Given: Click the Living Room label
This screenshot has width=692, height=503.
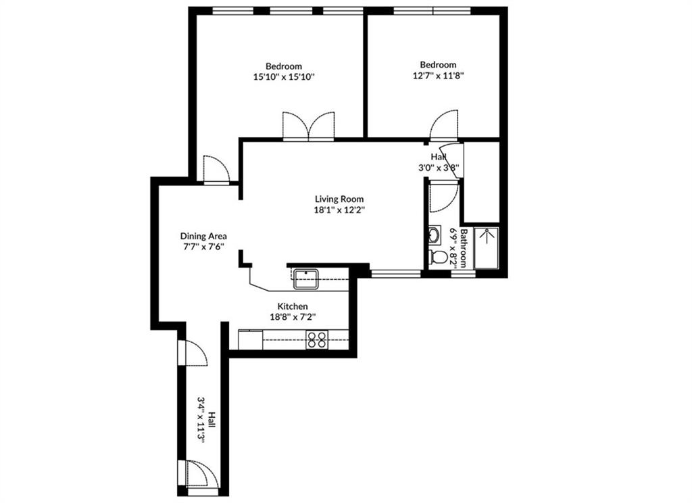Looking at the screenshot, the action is coord(339,199).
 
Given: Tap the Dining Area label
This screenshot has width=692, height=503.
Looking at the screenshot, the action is coord(203,236).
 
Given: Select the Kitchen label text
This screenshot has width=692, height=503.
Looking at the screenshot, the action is coord(293,306).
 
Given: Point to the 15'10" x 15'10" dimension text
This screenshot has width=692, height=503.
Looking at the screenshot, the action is coord(284,77).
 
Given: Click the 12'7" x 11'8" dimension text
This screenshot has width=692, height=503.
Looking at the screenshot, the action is coord(438,76).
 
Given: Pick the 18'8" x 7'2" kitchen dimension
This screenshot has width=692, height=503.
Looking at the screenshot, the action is coord(293,316).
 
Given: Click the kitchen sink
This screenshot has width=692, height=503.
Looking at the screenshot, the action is coord(307,279).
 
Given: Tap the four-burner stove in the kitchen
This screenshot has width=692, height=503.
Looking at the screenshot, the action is coord(318,339).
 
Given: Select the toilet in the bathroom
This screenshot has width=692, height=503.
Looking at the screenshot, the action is coord(438,257).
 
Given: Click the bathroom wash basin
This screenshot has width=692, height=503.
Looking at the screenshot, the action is coord(435,235).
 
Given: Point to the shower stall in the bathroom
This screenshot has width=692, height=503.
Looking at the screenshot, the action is coord(486,247).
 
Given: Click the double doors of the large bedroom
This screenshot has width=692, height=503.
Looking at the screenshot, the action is coord(308,126).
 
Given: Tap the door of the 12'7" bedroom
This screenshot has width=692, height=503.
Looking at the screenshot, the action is coord(444,124).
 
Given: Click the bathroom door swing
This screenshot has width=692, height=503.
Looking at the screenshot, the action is coord(444,197).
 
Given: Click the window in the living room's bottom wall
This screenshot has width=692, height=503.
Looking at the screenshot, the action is coord(395,274).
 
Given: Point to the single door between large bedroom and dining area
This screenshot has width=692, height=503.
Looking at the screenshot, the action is coord(216,169).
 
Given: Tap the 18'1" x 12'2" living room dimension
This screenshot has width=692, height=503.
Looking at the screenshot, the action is coord(339,210).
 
